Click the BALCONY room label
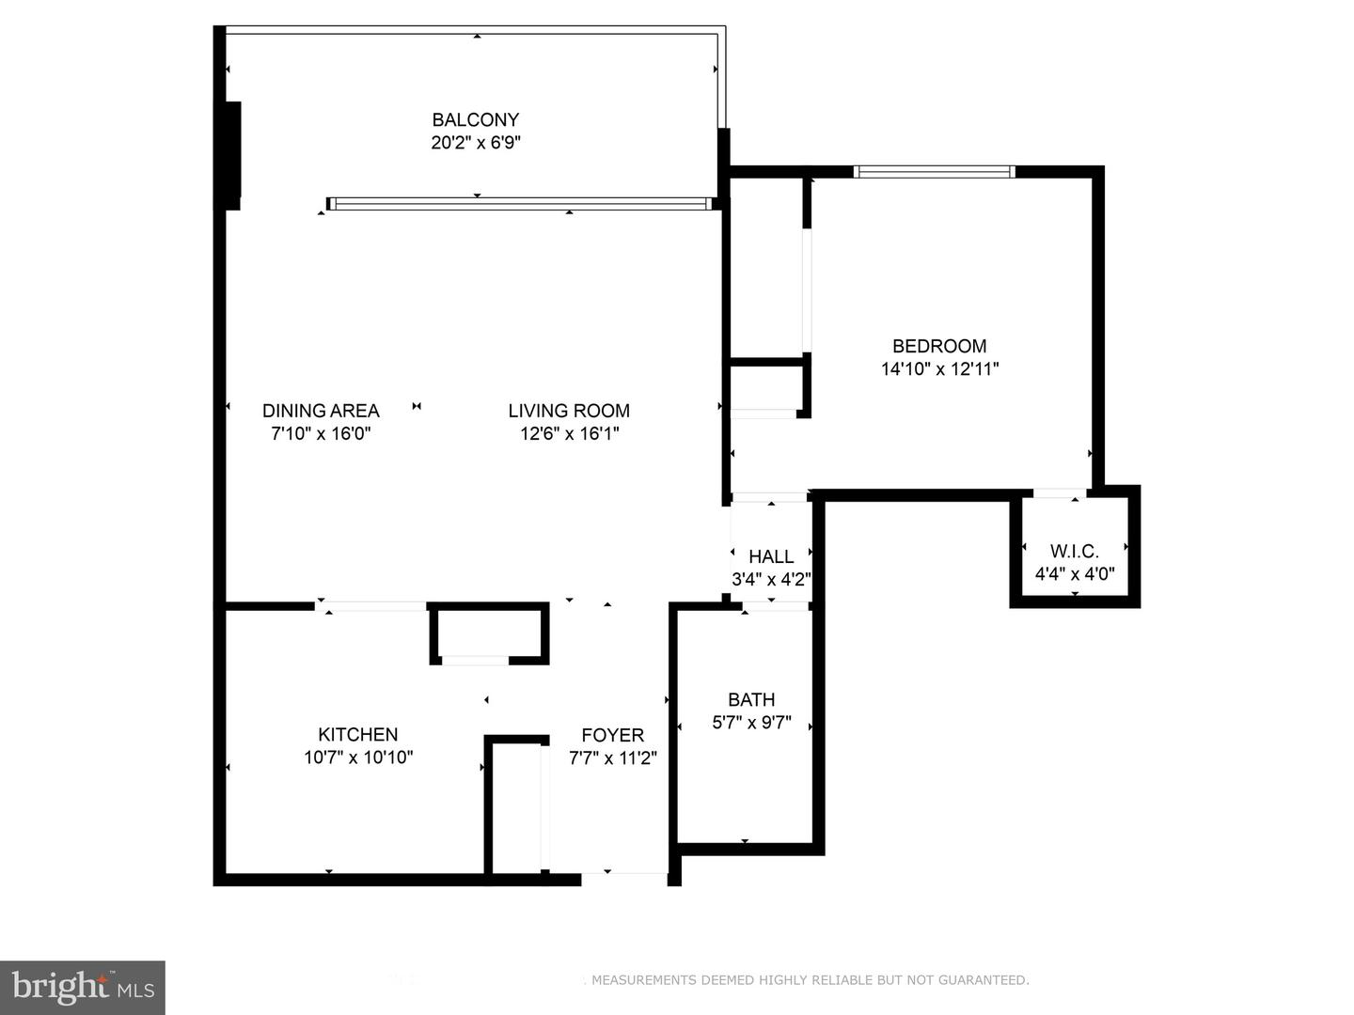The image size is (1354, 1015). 475,119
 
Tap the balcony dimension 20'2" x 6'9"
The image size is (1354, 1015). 475,143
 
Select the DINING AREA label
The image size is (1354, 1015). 321,411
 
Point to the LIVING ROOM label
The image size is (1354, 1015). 569,411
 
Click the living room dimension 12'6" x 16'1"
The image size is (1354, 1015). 569,434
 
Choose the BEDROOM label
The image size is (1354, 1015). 939,346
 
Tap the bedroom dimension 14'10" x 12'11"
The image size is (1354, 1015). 939,369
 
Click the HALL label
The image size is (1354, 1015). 771,556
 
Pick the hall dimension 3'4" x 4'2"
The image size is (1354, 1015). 771,580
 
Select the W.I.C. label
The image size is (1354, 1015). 1075,551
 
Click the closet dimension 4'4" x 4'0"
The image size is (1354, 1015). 1075,573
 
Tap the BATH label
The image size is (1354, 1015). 751,699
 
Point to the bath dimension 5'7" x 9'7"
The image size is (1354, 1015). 751,723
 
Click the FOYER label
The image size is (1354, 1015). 612,735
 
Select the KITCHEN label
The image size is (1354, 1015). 357,734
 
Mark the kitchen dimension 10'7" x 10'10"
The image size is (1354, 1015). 357,757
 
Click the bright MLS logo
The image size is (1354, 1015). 83,987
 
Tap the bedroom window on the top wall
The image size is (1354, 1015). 934,172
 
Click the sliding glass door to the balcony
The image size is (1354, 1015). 519,204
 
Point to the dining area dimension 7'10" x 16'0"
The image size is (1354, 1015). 321,434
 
